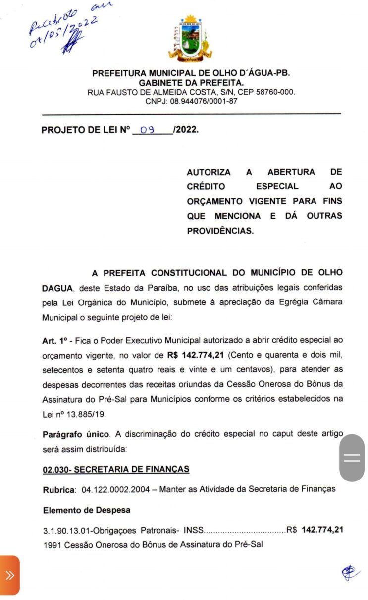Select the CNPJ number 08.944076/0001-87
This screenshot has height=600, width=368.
pyautogui.click(x=204, y=101)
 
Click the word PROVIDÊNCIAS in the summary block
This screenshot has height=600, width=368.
pyautogui.click(x=220, y=231)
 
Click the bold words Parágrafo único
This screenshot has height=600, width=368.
pyautogui.click(x=76, y=434)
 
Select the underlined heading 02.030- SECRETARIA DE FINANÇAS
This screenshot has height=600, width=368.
pyautogui.click(x=116, y=469)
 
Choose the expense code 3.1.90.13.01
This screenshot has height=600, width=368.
pyautogui.click(x=70, y=530)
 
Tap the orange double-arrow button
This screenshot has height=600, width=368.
pyautogui.click(x=10, y=575)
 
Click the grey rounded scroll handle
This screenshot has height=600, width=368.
pyautogui.click(x=352, y=458)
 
